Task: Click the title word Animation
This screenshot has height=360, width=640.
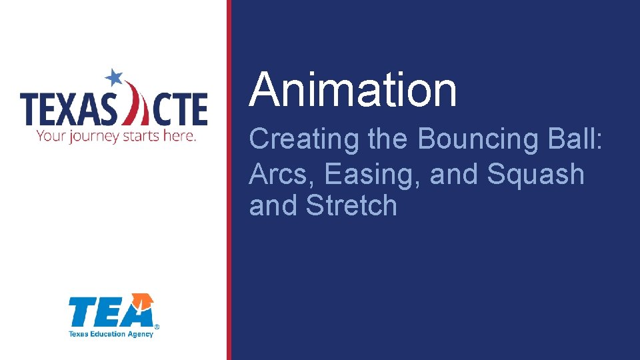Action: click(x=353, y=91)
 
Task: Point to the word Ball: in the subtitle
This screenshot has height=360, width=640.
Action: click(x=581, y=139)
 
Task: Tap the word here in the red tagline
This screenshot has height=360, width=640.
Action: click(x=182, y=136)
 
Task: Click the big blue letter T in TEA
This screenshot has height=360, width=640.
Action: click(x=81, y=313)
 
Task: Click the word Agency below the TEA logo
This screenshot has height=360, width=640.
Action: click(x=141, y=333)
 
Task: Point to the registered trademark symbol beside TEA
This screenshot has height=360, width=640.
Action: click(x=157, y=327)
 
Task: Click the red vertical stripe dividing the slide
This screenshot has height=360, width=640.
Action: click(x=229, y=180)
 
